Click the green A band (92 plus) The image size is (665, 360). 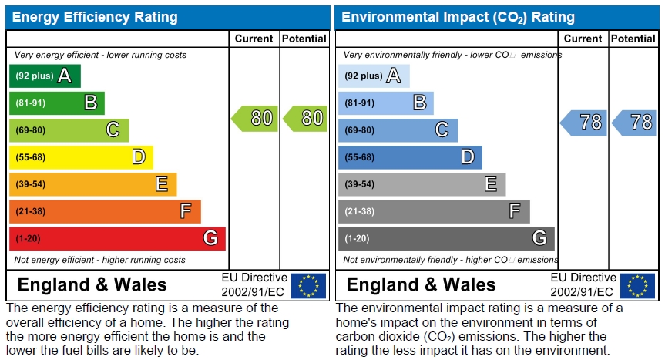(x=45, y=76)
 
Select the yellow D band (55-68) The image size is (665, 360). (x=80, y=157)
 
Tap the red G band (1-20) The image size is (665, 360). (x=116, y=239)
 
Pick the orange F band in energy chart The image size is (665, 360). (x=104, y=211)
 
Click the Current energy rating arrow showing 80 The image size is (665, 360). (x=255, y=119)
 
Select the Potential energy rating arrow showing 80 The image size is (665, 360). (x=305, y=119)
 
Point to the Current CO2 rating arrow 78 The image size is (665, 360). (x=583, y=122)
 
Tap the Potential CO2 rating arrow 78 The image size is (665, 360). (x=635, y=122)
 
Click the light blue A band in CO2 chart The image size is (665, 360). (x=374, y=76)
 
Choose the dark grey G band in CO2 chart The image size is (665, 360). (x=446, y=239)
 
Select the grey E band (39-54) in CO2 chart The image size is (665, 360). (x=422, y=184)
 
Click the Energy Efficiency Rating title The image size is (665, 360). (x=95, y=17)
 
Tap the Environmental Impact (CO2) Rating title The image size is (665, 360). (x=458, y=17)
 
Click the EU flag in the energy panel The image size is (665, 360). (x=308, y=285)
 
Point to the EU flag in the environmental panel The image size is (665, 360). (x=637, y=285)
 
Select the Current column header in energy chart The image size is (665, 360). (x=254, y=39)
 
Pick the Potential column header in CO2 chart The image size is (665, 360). (x=633, y=39)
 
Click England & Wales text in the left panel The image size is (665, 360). (x=92, y=284)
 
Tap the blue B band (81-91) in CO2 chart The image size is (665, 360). (x=385, y=103)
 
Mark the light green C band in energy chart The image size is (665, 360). (x=69, y=130)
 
